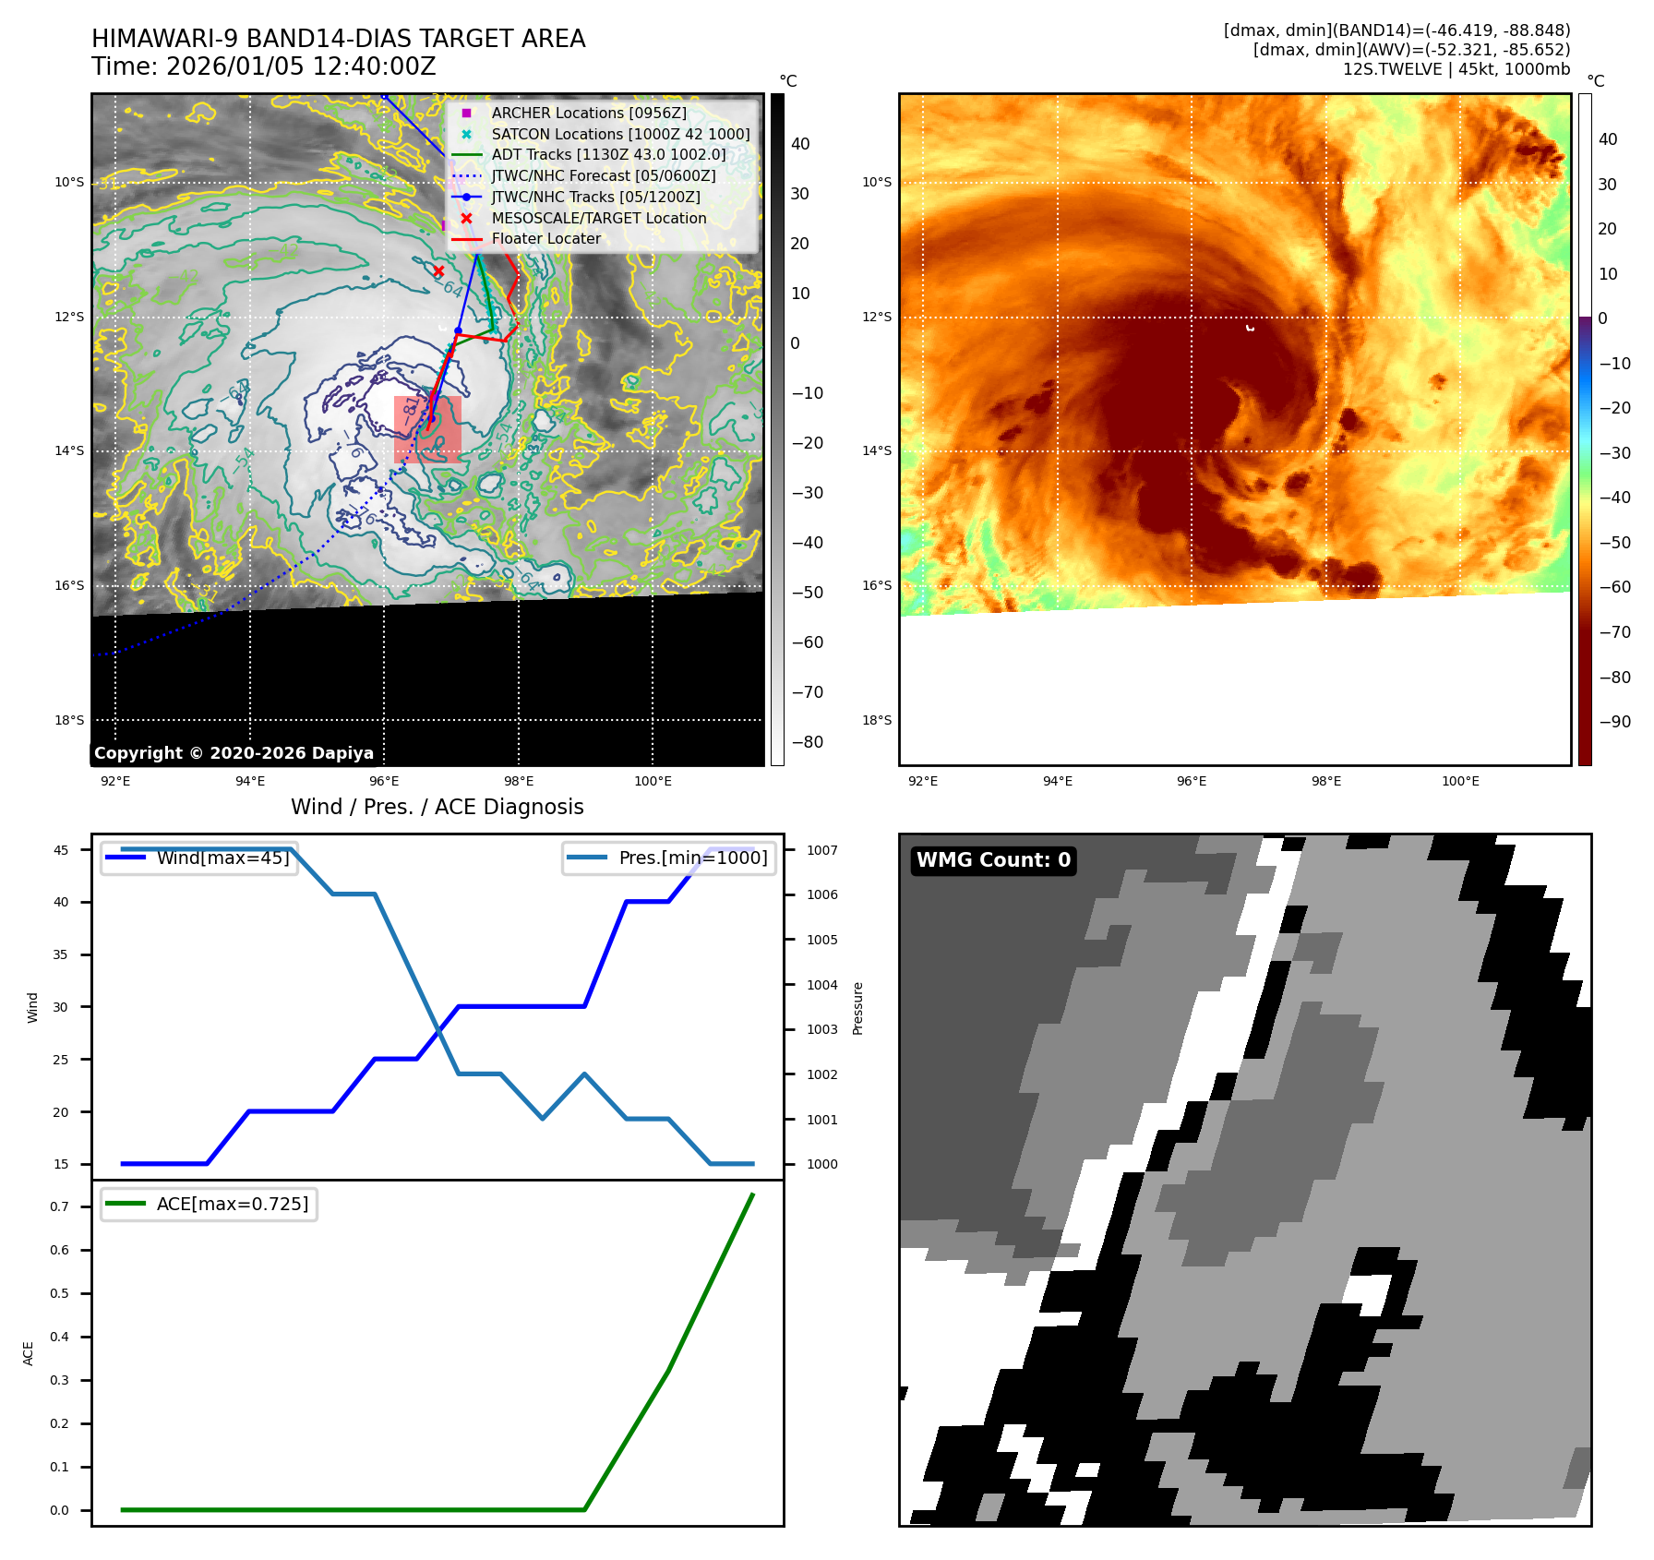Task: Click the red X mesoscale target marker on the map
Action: point(438,271)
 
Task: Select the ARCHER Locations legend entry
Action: point(588,113)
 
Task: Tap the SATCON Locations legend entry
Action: point(619,134)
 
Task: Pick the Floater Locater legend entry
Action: point(545,238)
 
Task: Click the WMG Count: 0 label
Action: point(993,860)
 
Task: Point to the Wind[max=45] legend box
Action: point(199,858)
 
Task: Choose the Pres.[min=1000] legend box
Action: point(669,858)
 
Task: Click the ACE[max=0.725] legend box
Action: point(210,1204)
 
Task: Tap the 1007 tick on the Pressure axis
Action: point(821,850)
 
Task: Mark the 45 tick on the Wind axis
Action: point(61,850)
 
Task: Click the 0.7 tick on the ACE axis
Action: point(59,1206)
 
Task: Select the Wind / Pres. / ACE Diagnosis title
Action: point(437,807)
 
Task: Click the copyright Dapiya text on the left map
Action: point(234,753)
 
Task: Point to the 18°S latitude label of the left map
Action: point(69,720)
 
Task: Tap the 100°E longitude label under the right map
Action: point(1460,781)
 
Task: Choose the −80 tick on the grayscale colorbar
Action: point(807,742)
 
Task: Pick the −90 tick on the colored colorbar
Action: point(1614,722)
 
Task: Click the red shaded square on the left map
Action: point(427,429)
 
